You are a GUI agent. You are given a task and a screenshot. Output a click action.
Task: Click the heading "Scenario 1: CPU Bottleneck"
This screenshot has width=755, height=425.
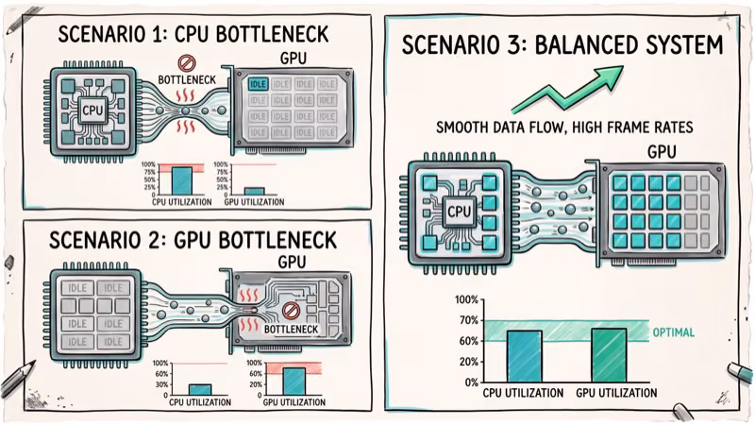point(193,36)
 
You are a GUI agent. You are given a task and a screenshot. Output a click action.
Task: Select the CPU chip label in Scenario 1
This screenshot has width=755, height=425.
point(92,110)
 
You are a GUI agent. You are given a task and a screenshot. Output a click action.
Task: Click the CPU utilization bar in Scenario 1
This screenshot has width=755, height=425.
point(181,180)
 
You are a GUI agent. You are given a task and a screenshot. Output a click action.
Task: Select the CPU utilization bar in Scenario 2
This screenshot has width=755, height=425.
point(200,388)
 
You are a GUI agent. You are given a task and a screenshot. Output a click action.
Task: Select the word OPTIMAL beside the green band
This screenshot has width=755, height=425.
point(676,332)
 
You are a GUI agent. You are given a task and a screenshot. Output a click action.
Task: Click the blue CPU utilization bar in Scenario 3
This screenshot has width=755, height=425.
point(524,355)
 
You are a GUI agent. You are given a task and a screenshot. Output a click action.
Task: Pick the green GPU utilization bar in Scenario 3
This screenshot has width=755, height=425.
point(609,354)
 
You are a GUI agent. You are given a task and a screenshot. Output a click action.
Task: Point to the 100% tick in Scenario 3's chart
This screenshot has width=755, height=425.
point(466,300)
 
